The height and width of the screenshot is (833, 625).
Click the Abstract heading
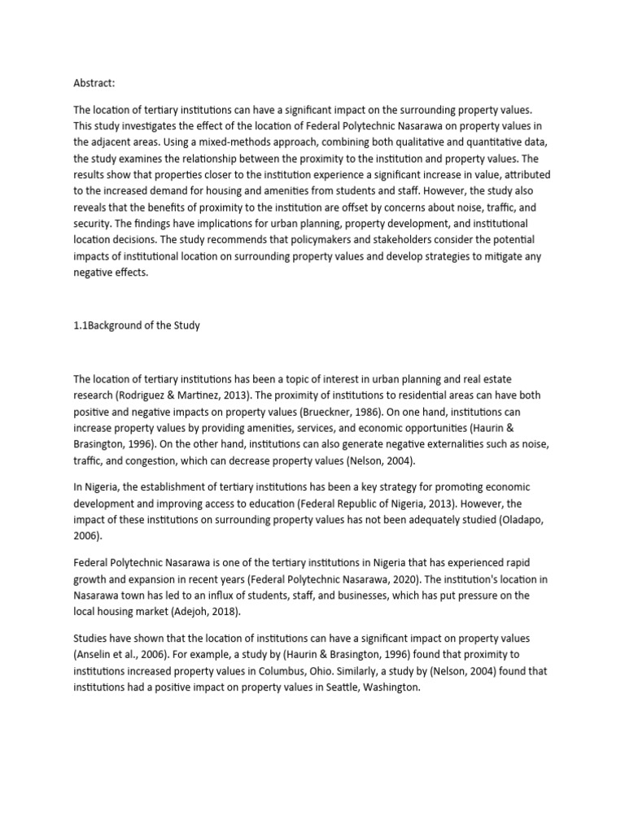(x=95, y=81)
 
